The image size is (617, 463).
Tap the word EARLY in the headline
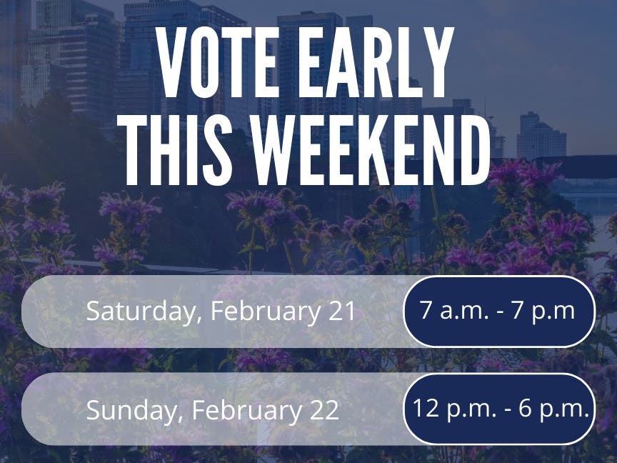click(x=376, y=62)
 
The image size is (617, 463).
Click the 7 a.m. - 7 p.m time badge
click(x=499, y=312)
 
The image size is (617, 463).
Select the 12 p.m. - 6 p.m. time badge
click(x=499, y=409)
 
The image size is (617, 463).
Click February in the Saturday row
click(x=266, y=312)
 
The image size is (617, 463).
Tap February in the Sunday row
click(x=246, y=410)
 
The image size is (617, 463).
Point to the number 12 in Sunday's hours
click(x=426, y=408)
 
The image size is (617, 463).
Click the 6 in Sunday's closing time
click(x=525, y=408)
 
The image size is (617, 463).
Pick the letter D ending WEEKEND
click(x=475, y=150)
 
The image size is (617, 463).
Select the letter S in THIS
click(x=217, y=150)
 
